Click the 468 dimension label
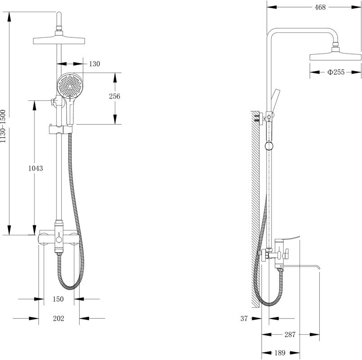coord(320,7)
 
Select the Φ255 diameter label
coord(336,72)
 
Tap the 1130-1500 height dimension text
coord(3,126)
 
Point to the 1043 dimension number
coord(36,168)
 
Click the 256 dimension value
coord(114,96)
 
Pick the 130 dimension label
coord(95,64)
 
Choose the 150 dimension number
coord(58,299)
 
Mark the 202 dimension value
coord(59,319)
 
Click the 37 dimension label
coord(244,319)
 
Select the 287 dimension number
coord(290,334)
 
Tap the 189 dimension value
coord(280,353)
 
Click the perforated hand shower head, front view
coord(70,86)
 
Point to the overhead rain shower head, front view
coord(59,39)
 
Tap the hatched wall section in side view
coord(255,209)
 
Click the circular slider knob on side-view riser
coord(269,146)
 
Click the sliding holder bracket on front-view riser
coord(61,130)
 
